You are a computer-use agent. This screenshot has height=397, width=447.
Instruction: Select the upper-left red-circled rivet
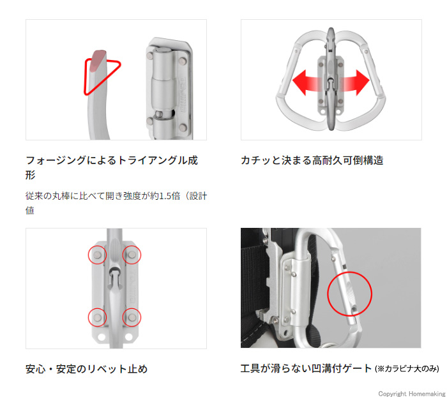(x=97, y=255)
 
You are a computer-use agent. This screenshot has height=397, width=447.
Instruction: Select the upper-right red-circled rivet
(x=132, y=255)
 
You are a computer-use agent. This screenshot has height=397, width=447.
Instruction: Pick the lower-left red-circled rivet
(x=97, y=317)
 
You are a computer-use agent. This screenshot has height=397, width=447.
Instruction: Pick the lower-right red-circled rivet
(x=132, y=317)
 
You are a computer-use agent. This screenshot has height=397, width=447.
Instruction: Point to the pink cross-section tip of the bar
(x=98, y=60)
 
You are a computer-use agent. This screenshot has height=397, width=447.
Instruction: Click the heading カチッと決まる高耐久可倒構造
(x=312, y=160)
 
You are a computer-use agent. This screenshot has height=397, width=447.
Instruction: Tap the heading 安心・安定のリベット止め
(x=86, y=369)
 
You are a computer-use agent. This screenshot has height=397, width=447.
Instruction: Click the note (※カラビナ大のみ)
(x=407, y=369)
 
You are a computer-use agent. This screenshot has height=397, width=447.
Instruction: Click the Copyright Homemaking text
(x=412, y=394)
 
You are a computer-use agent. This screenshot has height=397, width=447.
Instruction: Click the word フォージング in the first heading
(x=56, y=160)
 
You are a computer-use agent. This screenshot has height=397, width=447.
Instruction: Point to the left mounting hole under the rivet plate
(x=101, y=337)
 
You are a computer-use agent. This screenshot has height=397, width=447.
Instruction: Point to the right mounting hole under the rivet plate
(x=128, y=337)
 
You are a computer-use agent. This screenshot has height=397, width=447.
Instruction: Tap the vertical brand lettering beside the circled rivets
(x=132, y=286)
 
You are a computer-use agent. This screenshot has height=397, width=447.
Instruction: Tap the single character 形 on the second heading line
(x=30, y=175)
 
